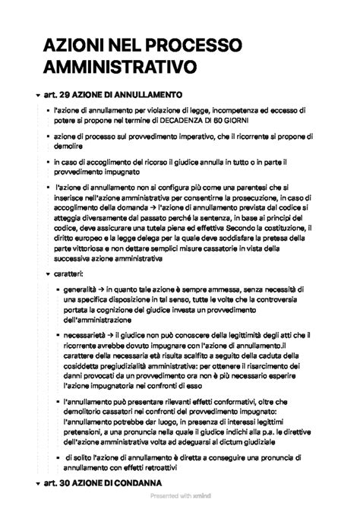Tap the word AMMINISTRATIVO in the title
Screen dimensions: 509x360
tap(120, 68)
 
